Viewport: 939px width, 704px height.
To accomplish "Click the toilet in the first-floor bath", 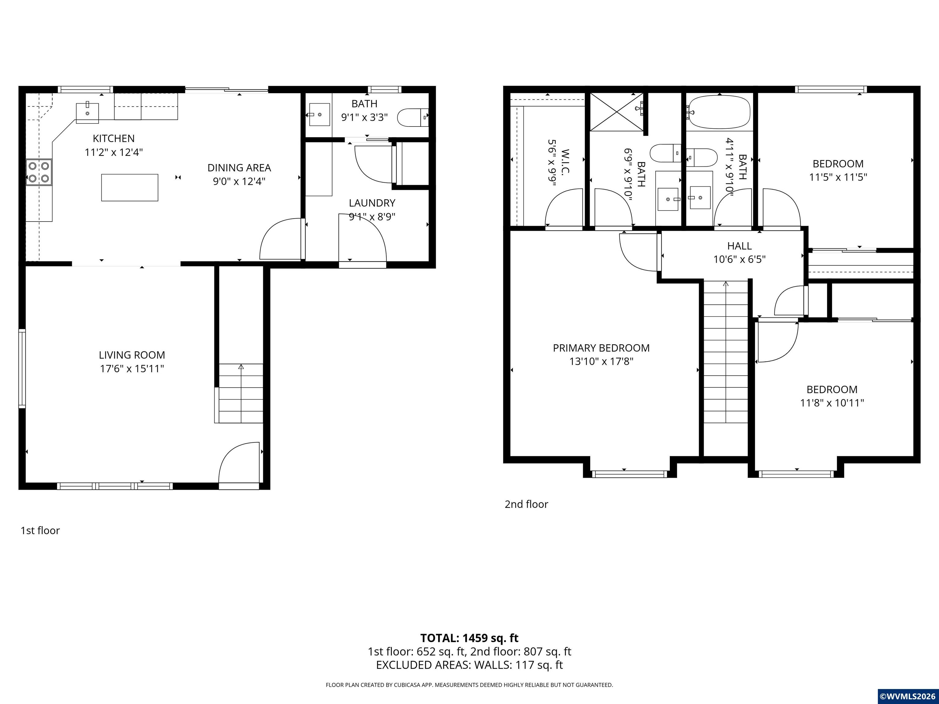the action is pos(413,118).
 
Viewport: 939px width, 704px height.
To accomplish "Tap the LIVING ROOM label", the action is pos(132,355).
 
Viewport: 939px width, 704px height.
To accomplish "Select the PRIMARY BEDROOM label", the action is pos(601,348).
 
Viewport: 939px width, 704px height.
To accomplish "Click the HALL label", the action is pos(739,246).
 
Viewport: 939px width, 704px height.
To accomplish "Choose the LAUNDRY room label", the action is pos(372,203).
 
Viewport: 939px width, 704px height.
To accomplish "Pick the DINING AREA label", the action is pos(239,168).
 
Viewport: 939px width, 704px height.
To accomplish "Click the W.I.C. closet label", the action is pos(565,161).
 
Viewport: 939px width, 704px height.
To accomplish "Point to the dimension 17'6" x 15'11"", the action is pos(132,368).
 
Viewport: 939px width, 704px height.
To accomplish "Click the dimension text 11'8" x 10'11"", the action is pos(832,403).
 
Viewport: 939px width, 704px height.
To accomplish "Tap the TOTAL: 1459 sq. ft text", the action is pos(469,638).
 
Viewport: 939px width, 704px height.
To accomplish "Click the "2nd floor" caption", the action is pos(526,504).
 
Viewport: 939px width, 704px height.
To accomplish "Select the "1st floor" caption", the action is pos(40,530).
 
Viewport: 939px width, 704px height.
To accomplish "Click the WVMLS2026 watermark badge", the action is pos(908,696).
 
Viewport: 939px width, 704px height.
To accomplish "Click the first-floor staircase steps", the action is pos(241,393).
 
